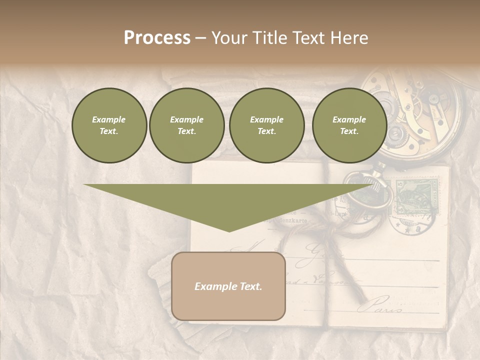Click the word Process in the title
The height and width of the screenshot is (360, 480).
click(x=157, y=38)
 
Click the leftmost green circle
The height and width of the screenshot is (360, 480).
click(x=109, y=125)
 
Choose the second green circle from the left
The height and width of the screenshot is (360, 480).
click(x=186, y=125)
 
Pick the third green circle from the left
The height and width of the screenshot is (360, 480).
click(x=266, y=125)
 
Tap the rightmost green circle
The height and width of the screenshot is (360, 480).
click(x=349, y=125)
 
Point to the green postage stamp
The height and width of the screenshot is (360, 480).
click(x=416, y=196)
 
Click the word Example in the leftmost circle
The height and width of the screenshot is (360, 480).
click(x=109, y=119)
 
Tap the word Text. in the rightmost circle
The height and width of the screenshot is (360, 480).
click(x=349, y=131)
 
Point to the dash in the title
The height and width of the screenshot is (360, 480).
click(x=201, y=38)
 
